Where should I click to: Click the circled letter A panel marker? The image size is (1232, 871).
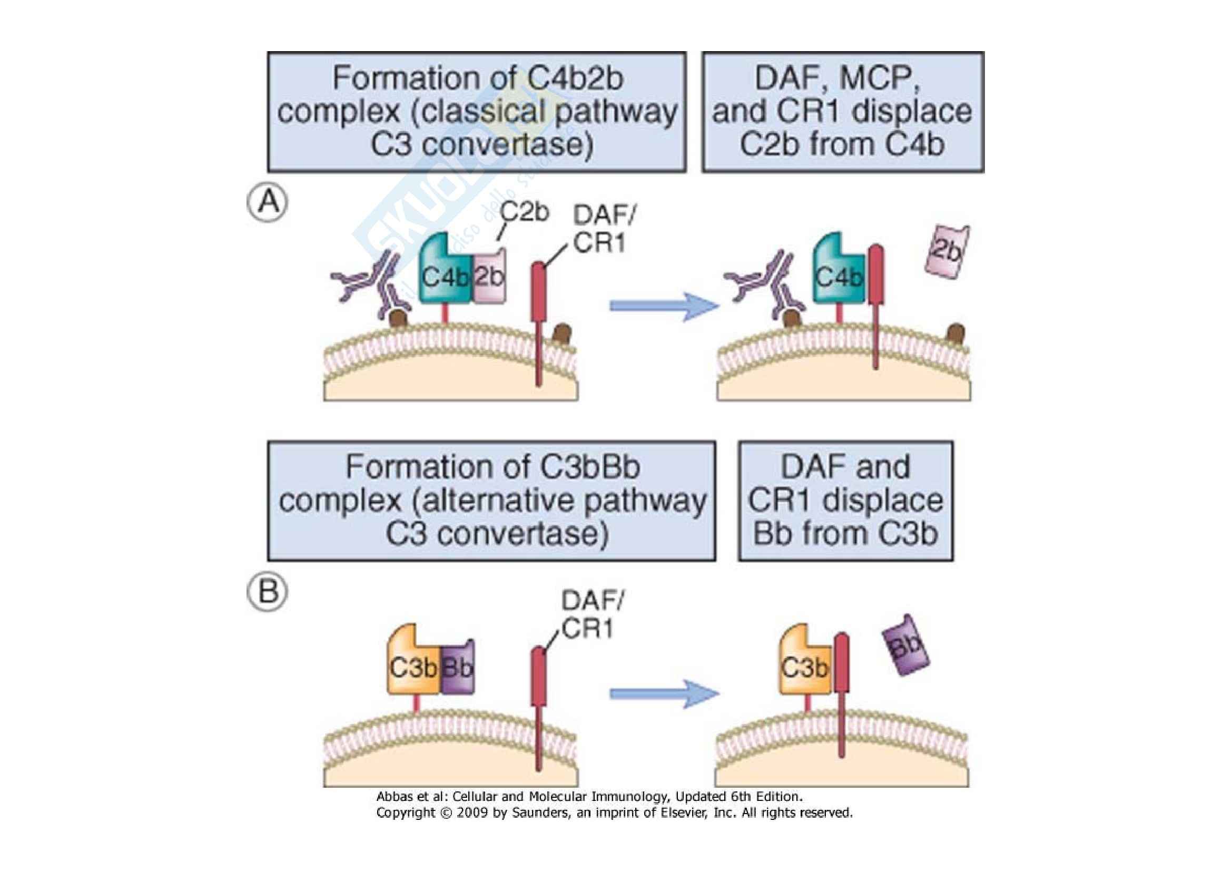pyautogui.click(x=267, y=203)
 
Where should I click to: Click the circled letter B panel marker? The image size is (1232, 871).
pyautogui.click(x=267, y=592)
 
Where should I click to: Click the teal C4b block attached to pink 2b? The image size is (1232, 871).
pyautogui.click(x=445, y=275)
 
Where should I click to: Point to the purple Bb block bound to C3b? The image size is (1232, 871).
pyautogui.click(x=458, y=667)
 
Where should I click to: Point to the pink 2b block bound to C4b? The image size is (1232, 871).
pyautogui.click(x=489, y=277)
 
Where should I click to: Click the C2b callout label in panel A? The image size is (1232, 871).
pyautogui.click(x=524, y=213)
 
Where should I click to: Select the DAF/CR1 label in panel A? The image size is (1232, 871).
pyautogui.click(x=603, y=230)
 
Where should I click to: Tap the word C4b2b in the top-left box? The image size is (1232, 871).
pyautogui.click(x=575, y=79)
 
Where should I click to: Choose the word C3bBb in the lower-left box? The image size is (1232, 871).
pyautogui.click(x=590, y=467)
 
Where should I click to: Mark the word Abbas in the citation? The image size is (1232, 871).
pyautogui.click(x=395, y=796)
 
